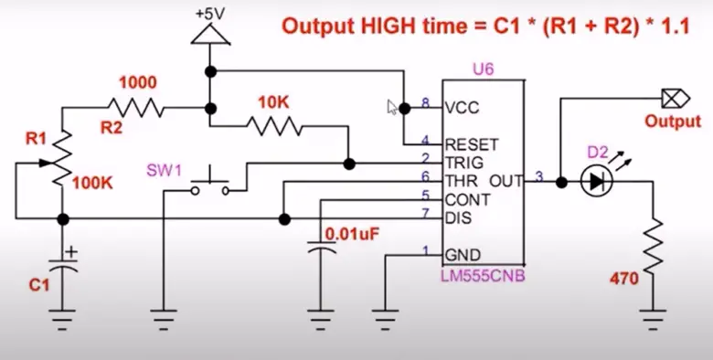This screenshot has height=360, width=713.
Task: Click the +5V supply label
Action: [x=210, y=15]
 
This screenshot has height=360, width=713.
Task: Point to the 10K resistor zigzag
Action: [x=273, y=124]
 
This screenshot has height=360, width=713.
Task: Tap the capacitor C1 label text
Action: [x=37, y=285]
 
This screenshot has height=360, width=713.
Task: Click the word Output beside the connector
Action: [x=674, y=121]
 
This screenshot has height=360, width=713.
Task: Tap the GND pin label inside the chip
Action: [x=461, y=254]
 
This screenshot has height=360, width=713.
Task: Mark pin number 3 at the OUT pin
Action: [x=539, y=175]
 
